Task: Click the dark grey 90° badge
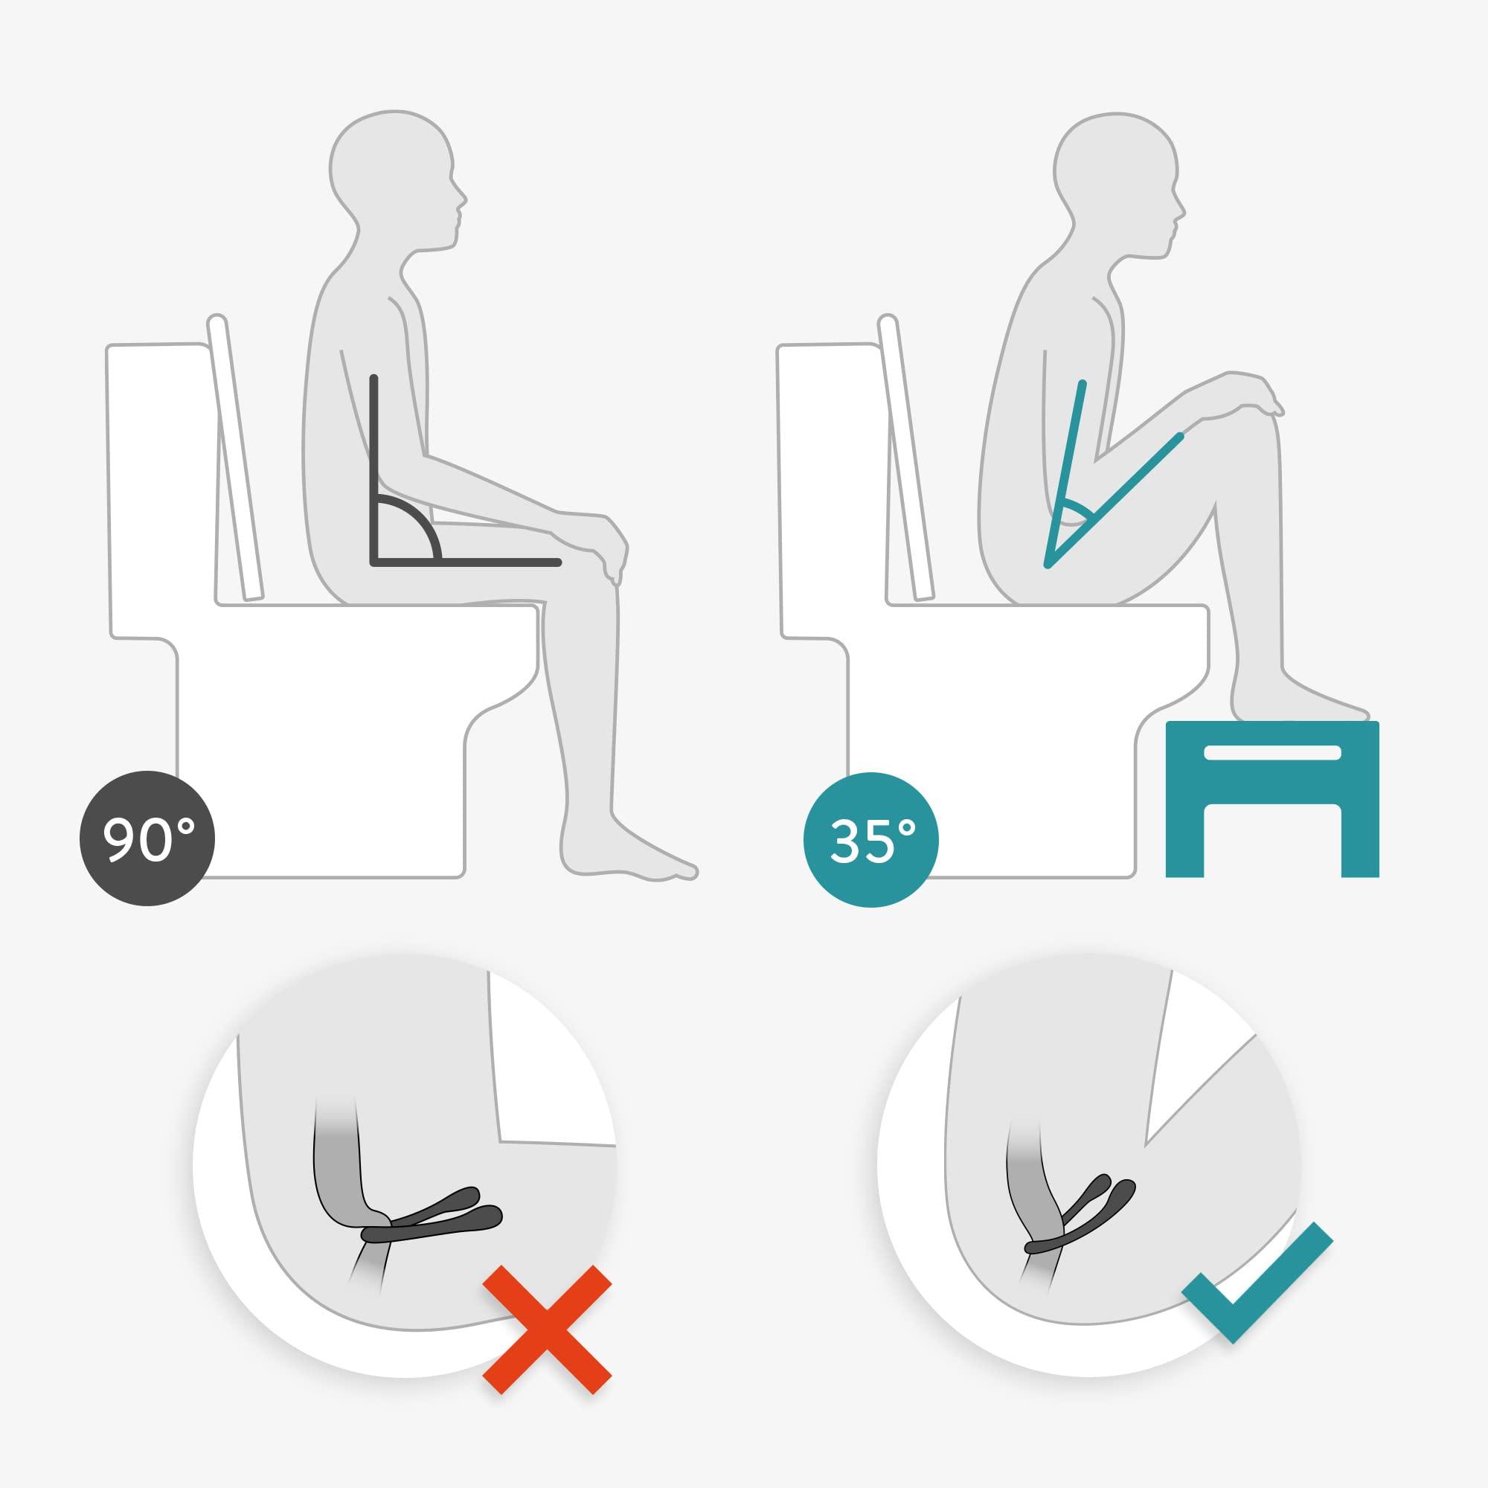tap(147, 838)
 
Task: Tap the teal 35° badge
tap(871, 838)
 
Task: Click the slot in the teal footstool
tap(1271, 752)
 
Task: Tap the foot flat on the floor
tap(632, 855)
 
